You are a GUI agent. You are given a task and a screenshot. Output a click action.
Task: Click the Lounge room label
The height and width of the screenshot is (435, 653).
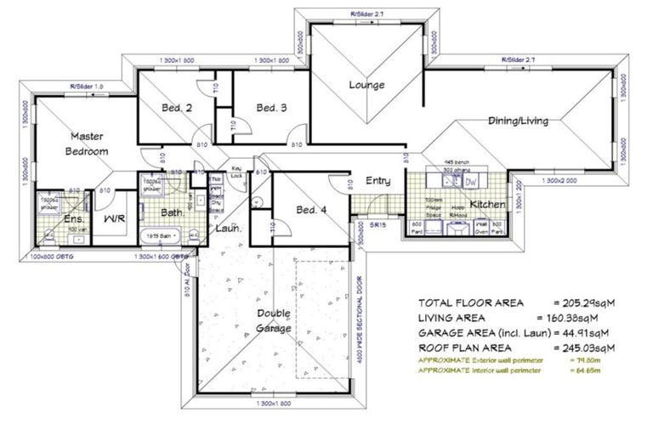(366, 85)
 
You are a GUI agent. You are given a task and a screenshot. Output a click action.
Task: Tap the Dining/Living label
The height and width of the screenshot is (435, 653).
(518, 121)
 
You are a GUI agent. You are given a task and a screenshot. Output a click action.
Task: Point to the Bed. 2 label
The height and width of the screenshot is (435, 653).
(177, 108)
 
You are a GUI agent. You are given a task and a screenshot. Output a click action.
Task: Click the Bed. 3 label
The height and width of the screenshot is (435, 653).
(271, 108)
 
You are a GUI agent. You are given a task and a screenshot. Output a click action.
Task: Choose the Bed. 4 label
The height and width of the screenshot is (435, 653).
(311, 210)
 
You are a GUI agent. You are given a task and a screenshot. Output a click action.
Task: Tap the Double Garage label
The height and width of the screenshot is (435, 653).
(274, 321)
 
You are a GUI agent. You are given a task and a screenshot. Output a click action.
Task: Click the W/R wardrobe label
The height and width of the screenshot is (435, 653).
(115, 219)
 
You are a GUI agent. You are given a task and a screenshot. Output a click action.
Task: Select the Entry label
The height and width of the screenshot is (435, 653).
(378, 181)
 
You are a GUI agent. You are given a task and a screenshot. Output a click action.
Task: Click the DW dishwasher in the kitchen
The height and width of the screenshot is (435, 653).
(470, 182)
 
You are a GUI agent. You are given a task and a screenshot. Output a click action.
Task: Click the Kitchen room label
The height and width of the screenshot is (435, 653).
(488, 205)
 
